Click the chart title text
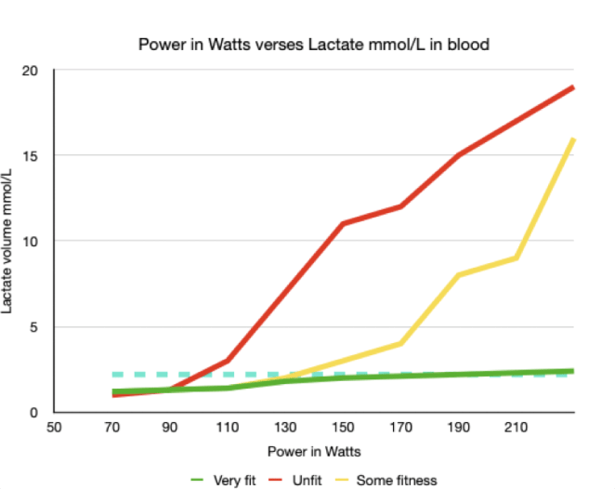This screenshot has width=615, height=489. (313, 44)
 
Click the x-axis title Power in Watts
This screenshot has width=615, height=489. (313, 451)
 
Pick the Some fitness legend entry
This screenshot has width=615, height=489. (388, 479)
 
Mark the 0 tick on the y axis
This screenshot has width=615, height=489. (33, 412)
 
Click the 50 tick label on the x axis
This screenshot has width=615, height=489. (54, 429)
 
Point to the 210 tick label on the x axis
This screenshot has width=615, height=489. (516, 429)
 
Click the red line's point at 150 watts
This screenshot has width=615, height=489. (343, 224)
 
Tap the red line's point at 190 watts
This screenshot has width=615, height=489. (459, 155)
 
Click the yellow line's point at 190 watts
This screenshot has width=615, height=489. (459, 275)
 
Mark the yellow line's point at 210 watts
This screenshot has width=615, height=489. (517, 258)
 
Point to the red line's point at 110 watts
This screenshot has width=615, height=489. (228, 361)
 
